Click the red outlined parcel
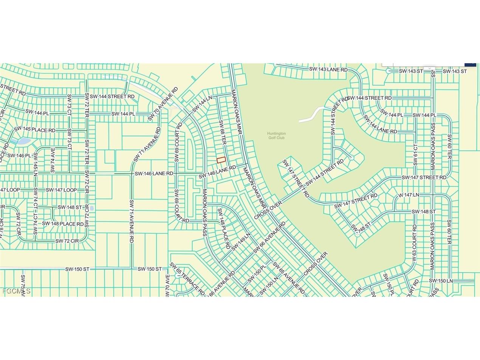point(221,160)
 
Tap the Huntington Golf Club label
point(276,136)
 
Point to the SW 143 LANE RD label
point(328,69)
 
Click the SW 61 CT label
point(415,154)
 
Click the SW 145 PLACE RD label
point(34,130)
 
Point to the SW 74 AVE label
point(53,160)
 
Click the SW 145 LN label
point(36,165)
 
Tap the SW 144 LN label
point(202,104)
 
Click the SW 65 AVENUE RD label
point(288,278)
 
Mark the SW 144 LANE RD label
point(380,124)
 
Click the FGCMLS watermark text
point(16,291)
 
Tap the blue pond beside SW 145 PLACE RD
point(23,141)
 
